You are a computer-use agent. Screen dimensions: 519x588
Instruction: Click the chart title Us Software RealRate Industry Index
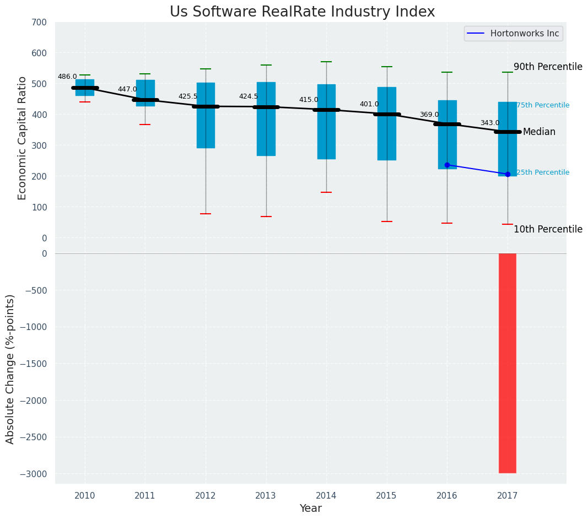302,12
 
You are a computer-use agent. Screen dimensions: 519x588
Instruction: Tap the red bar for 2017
508,363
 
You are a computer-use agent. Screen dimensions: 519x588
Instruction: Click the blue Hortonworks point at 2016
447,165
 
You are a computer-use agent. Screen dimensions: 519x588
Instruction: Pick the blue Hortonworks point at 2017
508,174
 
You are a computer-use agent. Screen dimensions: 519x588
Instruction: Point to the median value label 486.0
67,77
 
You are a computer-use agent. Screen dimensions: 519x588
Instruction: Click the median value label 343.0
490,123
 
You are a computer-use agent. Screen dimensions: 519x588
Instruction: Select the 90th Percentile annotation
548,67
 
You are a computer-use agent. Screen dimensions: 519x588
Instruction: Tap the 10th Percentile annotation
548,229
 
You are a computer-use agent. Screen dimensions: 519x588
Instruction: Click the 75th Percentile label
543,105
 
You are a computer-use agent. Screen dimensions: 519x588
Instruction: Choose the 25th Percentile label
543,172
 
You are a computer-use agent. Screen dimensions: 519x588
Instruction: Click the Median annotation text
539,132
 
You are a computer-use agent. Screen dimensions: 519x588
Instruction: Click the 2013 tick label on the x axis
266,495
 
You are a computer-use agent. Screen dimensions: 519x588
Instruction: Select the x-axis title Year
310,509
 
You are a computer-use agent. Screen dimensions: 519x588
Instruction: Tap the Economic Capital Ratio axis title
23,138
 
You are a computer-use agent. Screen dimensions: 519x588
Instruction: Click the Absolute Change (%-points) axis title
10,369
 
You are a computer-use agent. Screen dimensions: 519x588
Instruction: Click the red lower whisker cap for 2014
326,192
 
